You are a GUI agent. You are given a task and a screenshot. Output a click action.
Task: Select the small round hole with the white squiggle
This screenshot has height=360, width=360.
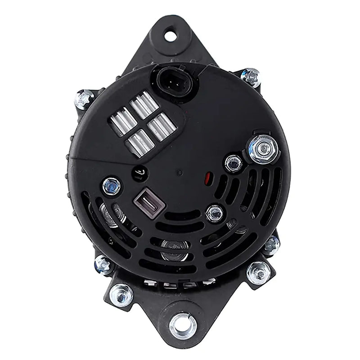(x=139, y=171)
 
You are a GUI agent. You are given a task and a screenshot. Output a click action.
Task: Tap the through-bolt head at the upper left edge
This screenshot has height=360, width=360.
(x=85, y=98)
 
